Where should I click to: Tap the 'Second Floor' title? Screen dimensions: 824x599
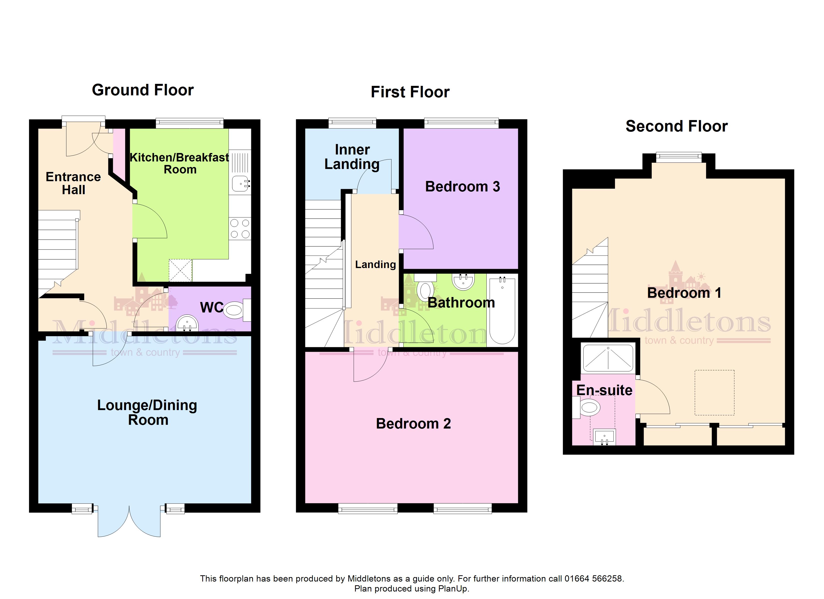(676, 126)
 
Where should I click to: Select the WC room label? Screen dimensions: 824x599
(211, 307)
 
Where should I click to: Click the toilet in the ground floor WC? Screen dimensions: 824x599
(238, 310)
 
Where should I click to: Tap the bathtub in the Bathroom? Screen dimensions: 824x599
(502, 310)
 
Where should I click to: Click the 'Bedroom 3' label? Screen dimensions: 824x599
(462, 187)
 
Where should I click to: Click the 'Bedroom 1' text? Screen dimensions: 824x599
(684, 293)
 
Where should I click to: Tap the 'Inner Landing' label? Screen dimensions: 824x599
(352, 157)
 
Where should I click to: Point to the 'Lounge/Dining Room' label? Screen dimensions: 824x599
(147, 412)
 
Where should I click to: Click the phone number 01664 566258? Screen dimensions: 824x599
(594, 578)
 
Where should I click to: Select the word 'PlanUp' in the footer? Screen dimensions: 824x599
(453, 589)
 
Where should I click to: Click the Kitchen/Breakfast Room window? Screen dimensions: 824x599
(190, 123)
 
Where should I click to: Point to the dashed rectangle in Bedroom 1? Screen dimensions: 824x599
(715, 392)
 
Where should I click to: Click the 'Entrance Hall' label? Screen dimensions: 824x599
(73, 183)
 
